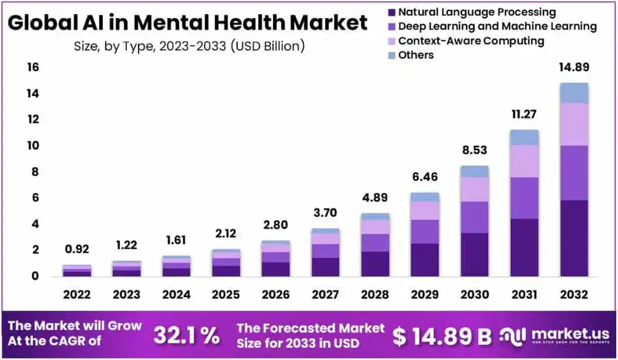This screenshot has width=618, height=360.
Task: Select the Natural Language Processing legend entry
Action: pos(476,12)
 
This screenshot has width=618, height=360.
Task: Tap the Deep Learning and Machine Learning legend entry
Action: pos(497,26)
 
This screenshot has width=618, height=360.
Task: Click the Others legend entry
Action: pos(416,55)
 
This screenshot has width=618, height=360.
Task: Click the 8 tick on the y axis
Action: pos(35,172)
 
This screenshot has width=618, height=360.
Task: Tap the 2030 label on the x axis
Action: pos(474,294)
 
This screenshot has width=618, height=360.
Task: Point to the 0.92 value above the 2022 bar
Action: pos(77,248)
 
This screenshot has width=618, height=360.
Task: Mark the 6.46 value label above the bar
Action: pos(425,176)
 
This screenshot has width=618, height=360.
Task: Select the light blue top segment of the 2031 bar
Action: pos(524,137)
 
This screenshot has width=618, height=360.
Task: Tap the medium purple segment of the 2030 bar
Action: pos(474,217)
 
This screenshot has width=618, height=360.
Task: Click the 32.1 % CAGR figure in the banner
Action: pos(187,335)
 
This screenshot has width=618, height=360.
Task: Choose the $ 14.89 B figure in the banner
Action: pos(441,336)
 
